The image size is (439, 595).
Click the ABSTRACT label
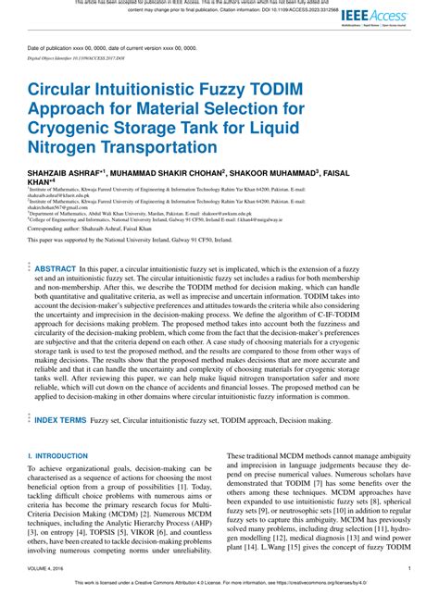(56, 267)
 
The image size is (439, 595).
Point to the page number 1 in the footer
(409, 568)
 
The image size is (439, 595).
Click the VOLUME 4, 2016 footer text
(48, 568)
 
